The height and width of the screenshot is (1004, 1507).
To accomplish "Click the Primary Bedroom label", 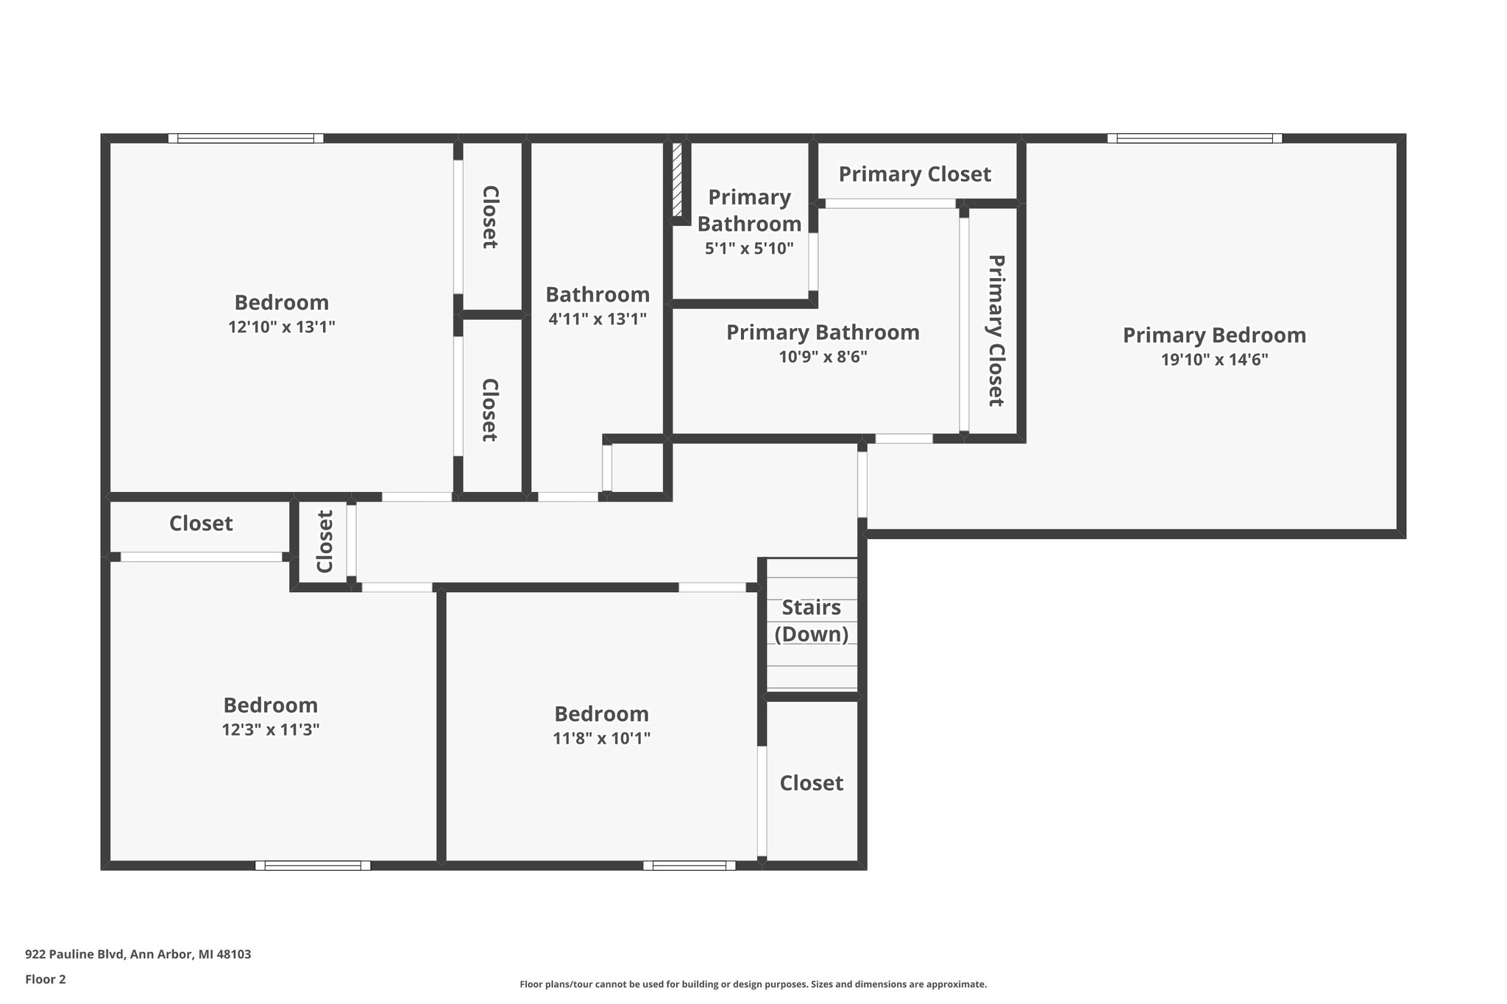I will point(1214,335).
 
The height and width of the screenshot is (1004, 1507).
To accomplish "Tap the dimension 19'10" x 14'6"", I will point(1214,360).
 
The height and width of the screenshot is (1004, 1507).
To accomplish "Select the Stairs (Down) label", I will point(811,620).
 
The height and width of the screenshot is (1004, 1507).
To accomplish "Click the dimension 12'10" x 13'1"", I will point(282,327).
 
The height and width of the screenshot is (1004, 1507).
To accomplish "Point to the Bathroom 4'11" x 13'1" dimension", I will point(598,318).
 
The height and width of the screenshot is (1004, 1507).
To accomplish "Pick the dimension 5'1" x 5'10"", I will point(749,249).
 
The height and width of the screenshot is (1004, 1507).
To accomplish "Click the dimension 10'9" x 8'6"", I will point(823,357).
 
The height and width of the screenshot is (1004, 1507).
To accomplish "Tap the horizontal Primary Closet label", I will point(915,174).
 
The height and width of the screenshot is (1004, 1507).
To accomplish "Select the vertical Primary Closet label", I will point(996,330).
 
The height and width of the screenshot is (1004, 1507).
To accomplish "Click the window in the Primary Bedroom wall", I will point(1194,138).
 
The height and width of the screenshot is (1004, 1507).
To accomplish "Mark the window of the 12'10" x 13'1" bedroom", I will point(246,138).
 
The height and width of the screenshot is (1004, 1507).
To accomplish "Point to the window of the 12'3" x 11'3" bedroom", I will point(313,866).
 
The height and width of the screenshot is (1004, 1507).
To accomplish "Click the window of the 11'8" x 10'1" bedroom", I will point(689,866).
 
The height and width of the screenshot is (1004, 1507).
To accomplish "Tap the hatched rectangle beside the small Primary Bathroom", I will point(677,179).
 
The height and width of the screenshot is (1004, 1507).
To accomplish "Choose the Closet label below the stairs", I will point(811,783).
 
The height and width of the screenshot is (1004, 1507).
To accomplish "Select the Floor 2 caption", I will point(46,979).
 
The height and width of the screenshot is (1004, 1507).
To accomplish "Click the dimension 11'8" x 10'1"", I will point(601,738).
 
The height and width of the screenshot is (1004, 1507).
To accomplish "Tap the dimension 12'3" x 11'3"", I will point(270,730).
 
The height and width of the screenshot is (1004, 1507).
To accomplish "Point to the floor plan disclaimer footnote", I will point(753,984).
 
